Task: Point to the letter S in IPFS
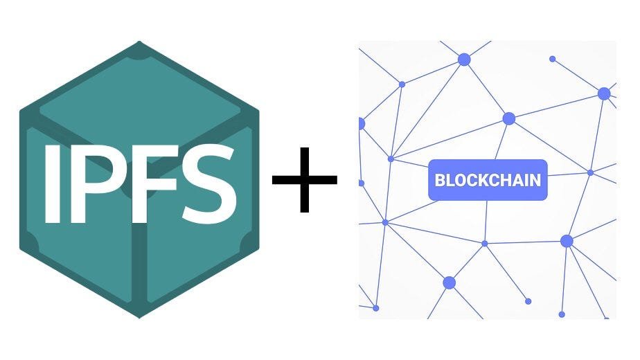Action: [x=209, y=183]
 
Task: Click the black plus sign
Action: [x=305, y=179]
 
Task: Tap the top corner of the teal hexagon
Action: [x=139, y=42]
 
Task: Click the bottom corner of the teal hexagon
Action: [x=139, y=317]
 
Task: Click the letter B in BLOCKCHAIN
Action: [x=440, y=181]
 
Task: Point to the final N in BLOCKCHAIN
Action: [x=536, y=181]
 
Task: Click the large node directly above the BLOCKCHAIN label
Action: [x=508, y=119]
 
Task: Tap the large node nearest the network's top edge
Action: [x=463, y=60]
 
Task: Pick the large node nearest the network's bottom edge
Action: [x=449, y=282]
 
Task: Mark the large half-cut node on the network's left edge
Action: [x=362, y=124]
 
